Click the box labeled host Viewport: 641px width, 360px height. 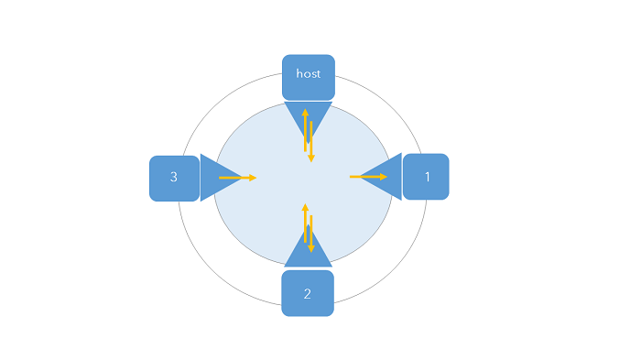pos(308,77)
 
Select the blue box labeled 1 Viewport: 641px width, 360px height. pos(427,177)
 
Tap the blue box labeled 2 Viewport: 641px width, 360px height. pos(308,293)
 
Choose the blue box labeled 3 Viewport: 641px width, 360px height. pos(174,177)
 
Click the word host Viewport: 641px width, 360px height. pos(308,72)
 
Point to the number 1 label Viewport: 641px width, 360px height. pos(427,177)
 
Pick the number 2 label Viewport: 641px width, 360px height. pos(308,294)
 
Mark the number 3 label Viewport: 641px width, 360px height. pos(174,177)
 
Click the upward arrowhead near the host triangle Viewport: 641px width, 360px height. pos(306,112)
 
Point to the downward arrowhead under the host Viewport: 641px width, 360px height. pos(311,159)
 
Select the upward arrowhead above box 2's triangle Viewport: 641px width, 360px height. pos(306,207)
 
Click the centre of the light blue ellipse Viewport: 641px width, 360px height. pos(303,183)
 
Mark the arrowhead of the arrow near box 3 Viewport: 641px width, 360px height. pos(253,177)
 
